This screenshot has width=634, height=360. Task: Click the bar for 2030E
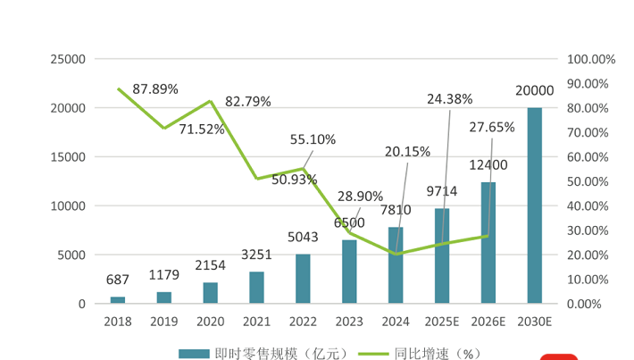point(534,205)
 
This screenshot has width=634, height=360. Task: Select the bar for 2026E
point(488,243)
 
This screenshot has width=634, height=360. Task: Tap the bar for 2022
point(303,279)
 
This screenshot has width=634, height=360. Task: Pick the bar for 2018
point(118,300)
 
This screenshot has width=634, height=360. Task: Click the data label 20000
point(534,90)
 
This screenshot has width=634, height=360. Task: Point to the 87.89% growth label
point(155,89)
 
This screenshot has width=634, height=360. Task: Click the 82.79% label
point(248,101)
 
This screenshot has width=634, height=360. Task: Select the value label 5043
point(303,238)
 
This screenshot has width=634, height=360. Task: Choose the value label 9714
point(441,190)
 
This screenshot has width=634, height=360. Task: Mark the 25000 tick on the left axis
point(69,59)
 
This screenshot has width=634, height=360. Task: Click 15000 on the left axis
point(69,156)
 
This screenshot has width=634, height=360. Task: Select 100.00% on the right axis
point(590,59)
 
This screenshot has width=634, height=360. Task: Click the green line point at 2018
point(119,88)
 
